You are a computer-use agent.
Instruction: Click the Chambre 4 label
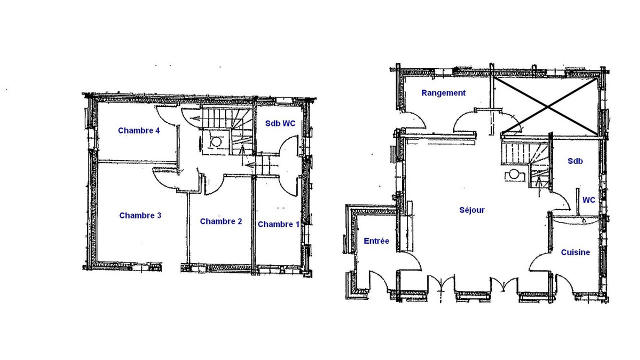[139, 130]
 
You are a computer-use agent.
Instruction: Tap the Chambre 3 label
[140, 215]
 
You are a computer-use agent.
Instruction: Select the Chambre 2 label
[221, 221]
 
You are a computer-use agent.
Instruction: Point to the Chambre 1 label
[278, 224]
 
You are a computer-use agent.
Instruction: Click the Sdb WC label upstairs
[280, 123]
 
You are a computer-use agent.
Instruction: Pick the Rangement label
[443, 93]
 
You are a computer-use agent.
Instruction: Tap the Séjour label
[472, 210]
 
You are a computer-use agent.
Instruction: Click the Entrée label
[376, 241]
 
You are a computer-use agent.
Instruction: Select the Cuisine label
[575, 252]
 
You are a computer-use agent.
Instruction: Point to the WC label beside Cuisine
[589, 200]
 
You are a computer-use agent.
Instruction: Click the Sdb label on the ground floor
[575, 161]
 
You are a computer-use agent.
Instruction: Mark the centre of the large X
[547, 106]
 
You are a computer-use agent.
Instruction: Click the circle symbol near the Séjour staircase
[514, 174]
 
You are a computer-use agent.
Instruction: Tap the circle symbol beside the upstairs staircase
[216, 141]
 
